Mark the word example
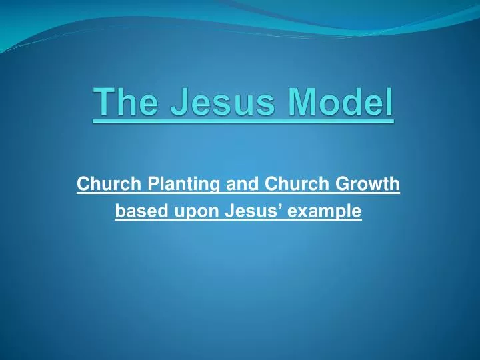tap(323, 213)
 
